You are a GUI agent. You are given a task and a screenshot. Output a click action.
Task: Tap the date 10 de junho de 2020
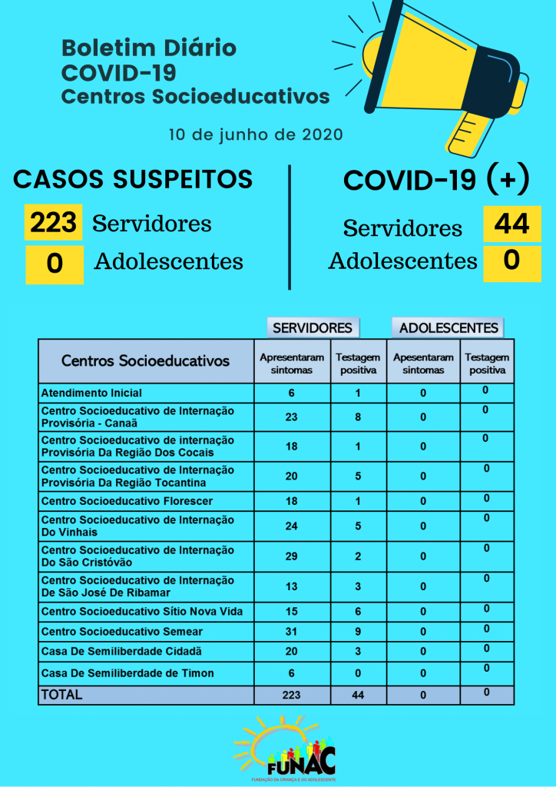(x=256, y=134)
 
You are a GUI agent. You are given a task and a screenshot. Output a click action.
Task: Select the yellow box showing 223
(x=53, y=224)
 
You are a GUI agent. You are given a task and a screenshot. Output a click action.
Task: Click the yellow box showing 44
(x=511, y=224)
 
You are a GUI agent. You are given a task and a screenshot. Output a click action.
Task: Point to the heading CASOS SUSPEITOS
(x=133, y=179)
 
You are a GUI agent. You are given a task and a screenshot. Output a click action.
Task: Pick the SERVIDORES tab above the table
(x=313, y=327)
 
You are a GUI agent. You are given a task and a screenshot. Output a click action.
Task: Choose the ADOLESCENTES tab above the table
(x=448, y=327)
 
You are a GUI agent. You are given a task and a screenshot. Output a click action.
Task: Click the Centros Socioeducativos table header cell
(x=146, y=360)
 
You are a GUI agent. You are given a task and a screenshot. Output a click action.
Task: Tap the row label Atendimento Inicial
(x=91, y=393)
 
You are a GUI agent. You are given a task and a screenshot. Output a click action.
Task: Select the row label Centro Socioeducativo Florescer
(x=127, y=501)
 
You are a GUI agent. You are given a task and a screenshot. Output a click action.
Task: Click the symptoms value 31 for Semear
(x=291, y=631)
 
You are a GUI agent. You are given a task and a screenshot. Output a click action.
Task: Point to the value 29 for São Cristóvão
(x=291, y=556)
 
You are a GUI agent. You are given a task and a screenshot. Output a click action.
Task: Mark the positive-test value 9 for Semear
(x=358, y=631)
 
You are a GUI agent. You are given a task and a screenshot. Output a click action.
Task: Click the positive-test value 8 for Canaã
(x=358, y=417)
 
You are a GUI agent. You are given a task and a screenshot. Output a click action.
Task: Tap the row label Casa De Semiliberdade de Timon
(x=127, y=673)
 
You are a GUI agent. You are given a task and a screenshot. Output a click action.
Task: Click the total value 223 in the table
(x=291, y=695)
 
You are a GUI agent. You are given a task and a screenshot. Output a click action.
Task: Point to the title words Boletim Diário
(x=149, y=48)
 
